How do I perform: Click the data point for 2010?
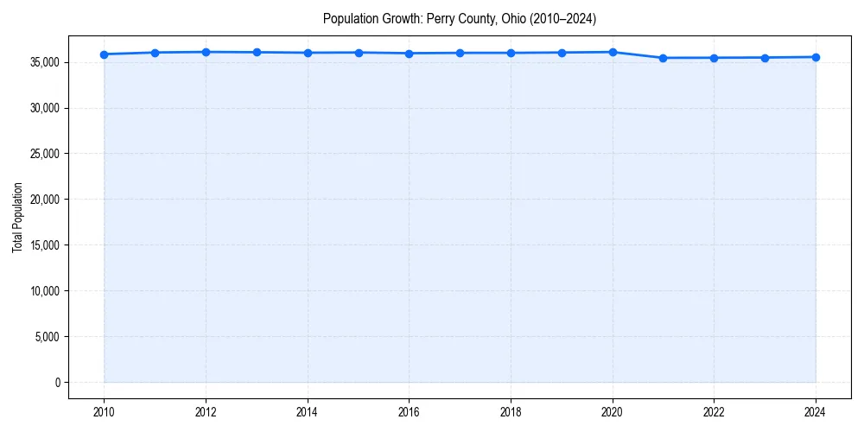(x=104, y=54)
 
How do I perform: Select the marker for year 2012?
(x=206, y=52)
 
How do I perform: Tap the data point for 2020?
(x=613, y=52)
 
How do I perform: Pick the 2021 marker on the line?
(x=663, y=58)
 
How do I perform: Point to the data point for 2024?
(x=816, y=57)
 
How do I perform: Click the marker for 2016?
(x=409, y=54)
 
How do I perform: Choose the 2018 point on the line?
(x=511, y=53)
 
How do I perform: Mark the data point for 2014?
(x=308, y=53)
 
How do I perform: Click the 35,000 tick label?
(x=46, y=62)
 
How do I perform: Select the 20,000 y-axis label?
(x=46, y=200)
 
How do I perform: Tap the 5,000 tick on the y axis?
(x=48, y=337)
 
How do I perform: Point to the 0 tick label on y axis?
(x=58, y=383)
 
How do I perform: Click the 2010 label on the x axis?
(x=104, y=412)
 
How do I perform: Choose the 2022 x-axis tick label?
(x=714, y=412)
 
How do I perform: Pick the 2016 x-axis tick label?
(x=409, y=412)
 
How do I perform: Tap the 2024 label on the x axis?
(x=816, y=412)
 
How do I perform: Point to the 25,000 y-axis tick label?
(x=46, y=154)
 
